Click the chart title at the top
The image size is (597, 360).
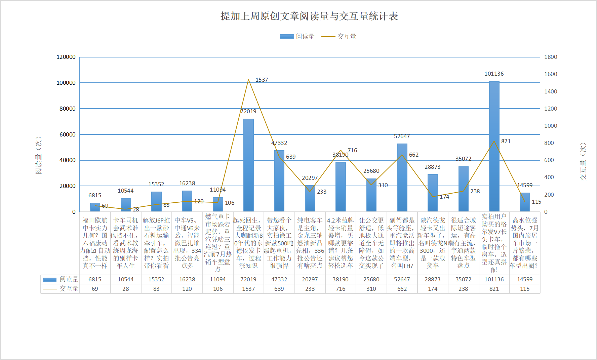coord(309,16)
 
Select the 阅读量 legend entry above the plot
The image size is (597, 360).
coord(297,36)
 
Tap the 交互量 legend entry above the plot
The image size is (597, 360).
coord(339,36)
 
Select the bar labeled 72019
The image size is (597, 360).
coord(248,165)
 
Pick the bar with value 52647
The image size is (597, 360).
coord(402,177)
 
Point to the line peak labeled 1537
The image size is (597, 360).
coord(248,80)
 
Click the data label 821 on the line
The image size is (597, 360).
coord(506,141)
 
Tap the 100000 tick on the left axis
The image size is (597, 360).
coord(66,83)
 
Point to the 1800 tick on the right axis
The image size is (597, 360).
coord(551,57)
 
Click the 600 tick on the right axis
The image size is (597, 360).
coord(549,160)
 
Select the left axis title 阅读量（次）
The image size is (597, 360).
coord(39,155)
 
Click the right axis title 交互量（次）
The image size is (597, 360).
coord(583,161)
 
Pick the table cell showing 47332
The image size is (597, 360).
coord(279,279)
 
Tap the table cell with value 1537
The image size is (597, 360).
coord(248,289)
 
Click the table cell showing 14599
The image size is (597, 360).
coord(525,279)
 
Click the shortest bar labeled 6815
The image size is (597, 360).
coord(95,207)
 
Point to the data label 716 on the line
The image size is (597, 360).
coord(352,150)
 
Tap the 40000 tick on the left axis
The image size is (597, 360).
coord(67,160)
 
